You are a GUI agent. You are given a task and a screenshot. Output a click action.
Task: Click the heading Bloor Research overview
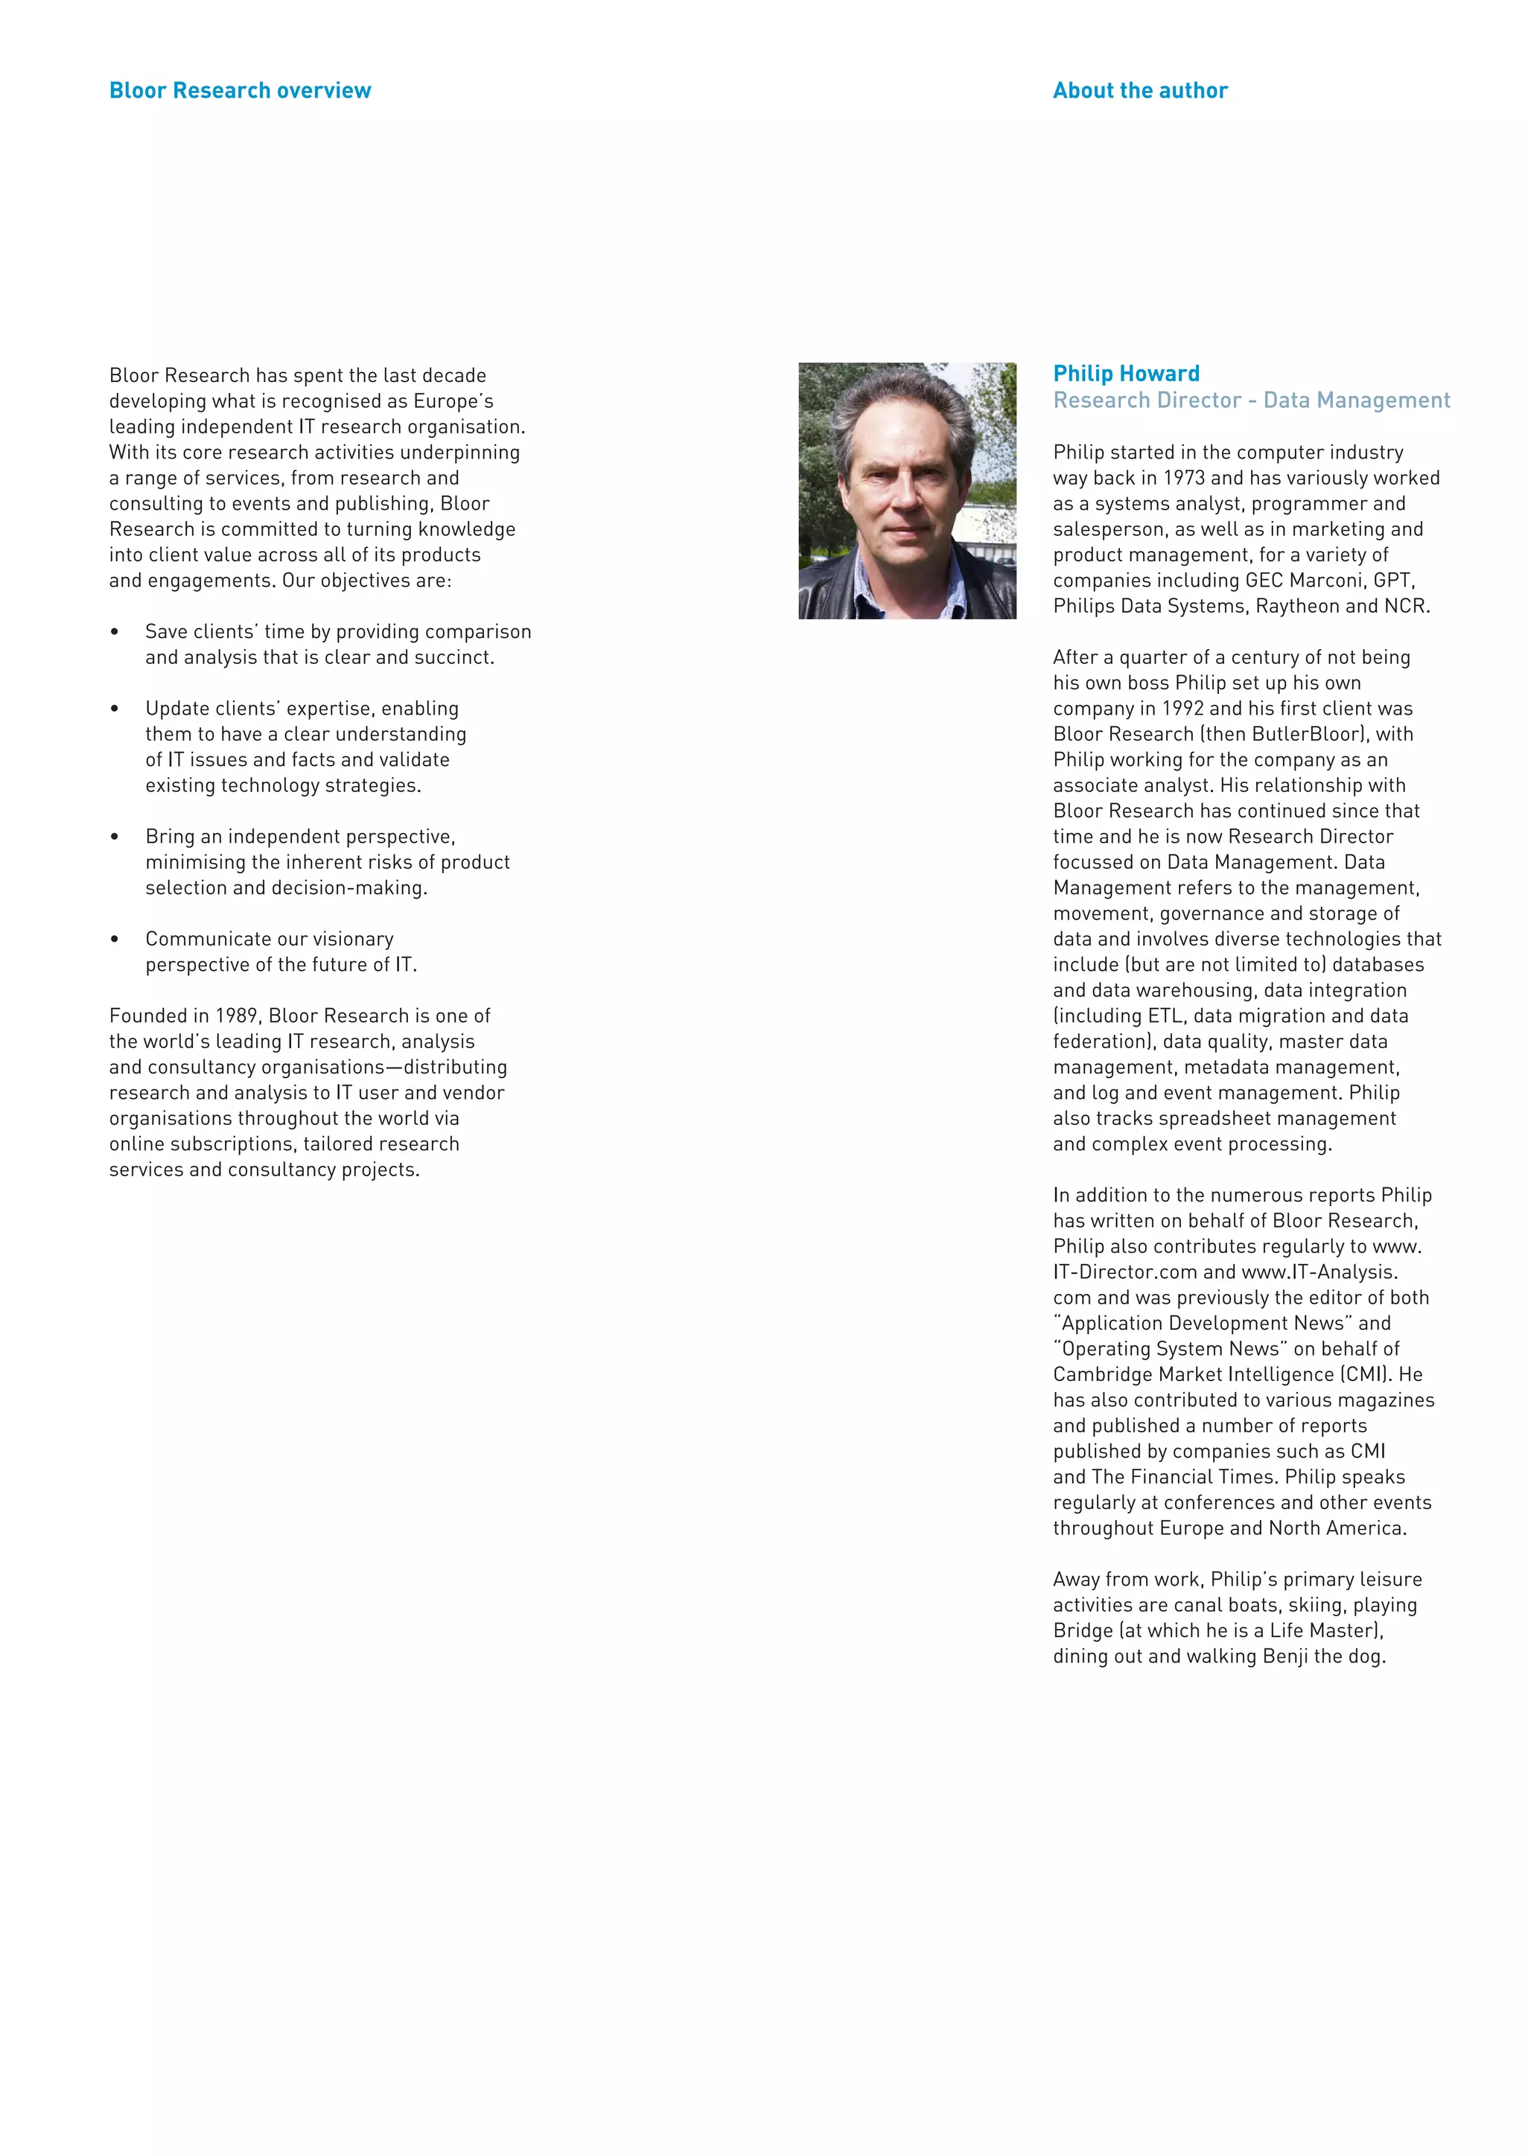pyautogui.click(x=240, y=90)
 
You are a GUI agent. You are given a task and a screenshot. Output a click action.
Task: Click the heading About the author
pyautogui.click(x=1139, y=90)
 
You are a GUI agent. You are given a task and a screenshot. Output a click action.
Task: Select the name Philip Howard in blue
pyautogui.click(x=1126, y=373)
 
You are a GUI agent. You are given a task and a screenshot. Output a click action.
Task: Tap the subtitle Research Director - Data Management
pyautogui.click(x=1251, y=400)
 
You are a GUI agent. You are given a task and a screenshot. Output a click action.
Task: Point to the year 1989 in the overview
pyautogui.click(x=237, y=1016)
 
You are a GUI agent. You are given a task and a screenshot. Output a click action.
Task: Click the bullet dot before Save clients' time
pyautogui.click(x=115, y=632)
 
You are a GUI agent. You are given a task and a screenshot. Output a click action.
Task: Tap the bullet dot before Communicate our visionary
pyautogui.click(x=115, y=939)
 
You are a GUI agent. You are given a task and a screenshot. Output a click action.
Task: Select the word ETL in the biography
pyautogui.click(x=1165, y=1016)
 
